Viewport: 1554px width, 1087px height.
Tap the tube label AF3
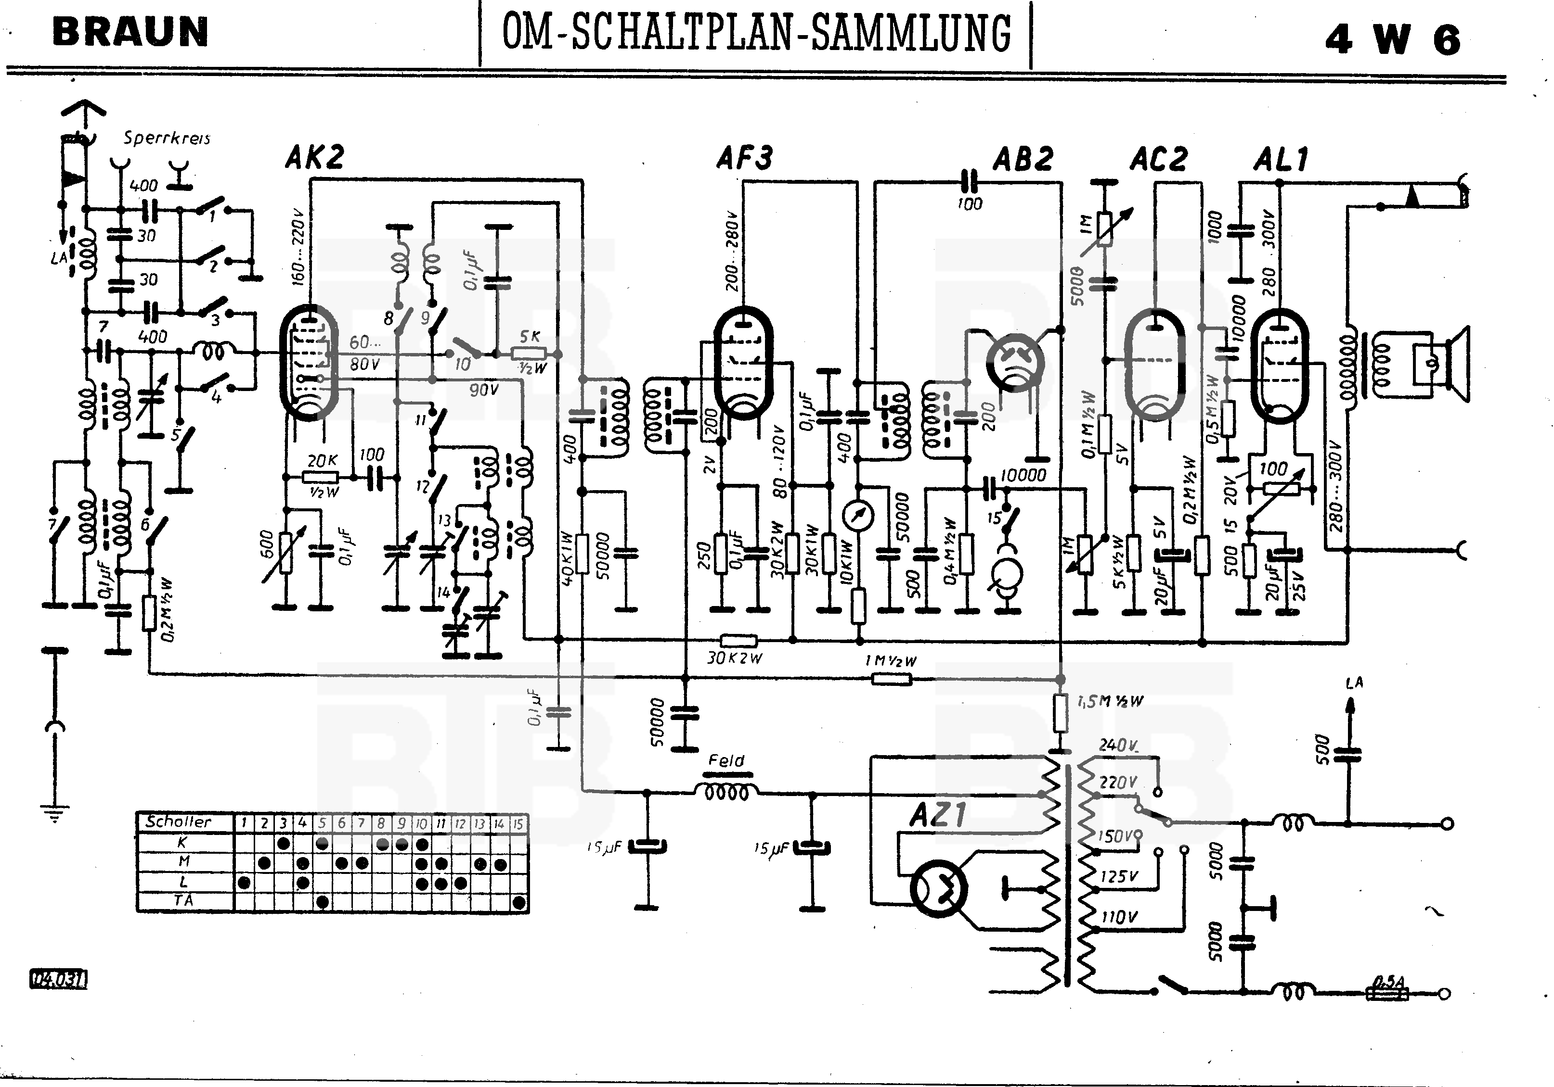tap(745, 158)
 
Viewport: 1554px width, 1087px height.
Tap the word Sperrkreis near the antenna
tap(167, 138)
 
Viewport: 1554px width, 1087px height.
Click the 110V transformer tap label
tap(1119, 917)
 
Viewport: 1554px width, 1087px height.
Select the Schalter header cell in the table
tap(179, 822)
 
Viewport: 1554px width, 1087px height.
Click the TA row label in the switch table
tap(183, 900)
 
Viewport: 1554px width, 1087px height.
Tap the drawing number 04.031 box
tap(58, 979)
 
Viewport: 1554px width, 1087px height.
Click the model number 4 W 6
tap(1392, 39)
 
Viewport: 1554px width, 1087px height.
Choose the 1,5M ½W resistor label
tap(1110, 701)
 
